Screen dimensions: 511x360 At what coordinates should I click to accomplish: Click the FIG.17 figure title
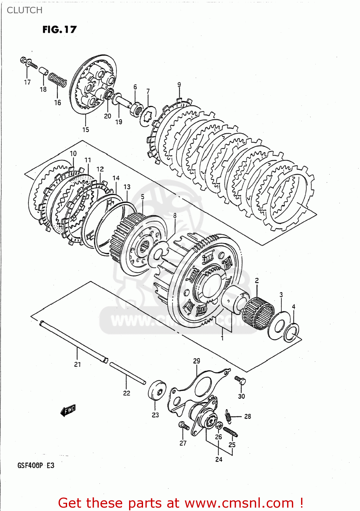(x=60, y=30)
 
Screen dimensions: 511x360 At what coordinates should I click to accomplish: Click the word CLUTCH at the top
(x=25, y=10)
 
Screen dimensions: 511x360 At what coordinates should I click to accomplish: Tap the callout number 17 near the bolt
(x=27, y=82)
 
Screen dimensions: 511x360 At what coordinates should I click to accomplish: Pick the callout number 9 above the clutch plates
(x=179, y=85)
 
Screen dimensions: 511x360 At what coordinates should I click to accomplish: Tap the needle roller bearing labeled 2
(x=259, y=312)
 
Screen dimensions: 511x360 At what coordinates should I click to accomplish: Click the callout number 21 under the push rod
(x=78, y=364)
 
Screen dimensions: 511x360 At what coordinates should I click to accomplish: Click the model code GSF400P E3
(x=36, y=465)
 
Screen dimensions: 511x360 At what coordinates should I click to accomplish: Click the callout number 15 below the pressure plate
(x=85, y=129)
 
